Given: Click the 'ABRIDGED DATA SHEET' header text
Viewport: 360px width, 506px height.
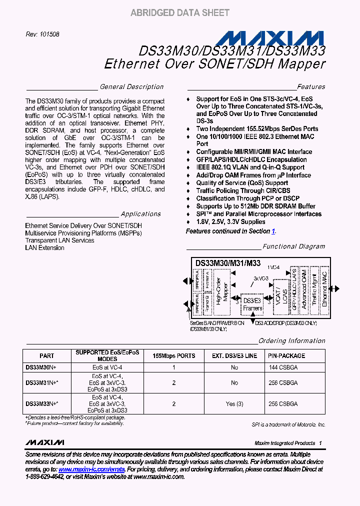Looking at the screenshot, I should point(179,13).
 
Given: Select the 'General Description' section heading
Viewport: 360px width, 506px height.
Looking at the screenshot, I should point(131,86).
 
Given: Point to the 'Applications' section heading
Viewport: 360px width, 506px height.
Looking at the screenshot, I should point(141,213).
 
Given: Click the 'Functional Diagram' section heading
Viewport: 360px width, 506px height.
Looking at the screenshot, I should point(293,246).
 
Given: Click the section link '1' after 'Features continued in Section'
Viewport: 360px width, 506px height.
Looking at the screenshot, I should point(273,231).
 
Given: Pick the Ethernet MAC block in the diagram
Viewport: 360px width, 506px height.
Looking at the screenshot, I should point(324,288).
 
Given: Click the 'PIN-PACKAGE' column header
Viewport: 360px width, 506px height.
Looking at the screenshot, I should point(286,356).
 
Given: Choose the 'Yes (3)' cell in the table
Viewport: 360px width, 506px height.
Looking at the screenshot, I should point(234,403).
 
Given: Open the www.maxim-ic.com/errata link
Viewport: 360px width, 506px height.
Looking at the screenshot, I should point(91,469).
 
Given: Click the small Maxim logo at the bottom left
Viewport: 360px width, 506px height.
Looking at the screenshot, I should point(44,442).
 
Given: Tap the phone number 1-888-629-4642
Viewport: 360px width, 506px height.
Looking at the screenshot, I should point(44,477).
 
